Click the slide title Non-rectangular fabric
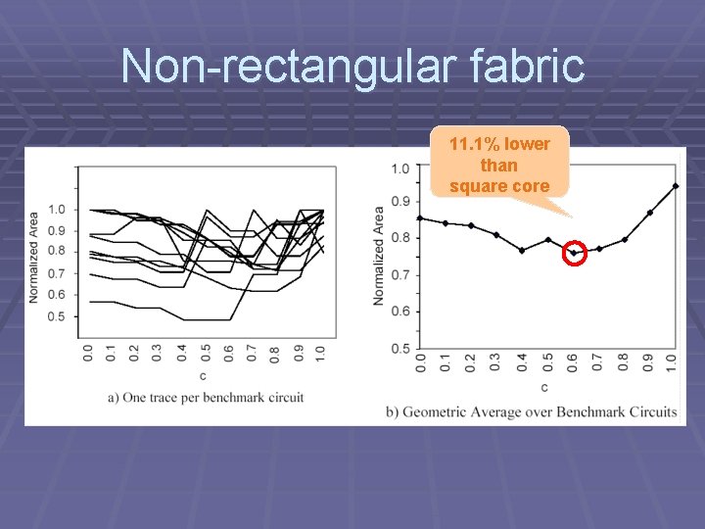(352, 67)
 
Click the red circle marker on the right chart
(574, 253)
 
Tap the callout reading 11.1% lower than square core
(499, 165)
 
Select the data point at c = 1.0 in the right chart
(676, 186)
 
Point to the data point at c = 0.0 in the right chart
(420, 218)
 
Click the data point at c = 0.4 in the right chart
(522, 250)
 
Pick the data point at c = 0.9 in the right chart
(650, 213)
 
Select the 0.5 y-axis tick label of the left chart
(56, 316)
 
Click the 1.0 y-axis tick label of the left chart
(56, 209)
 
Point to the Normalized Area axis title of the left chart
(33, 257)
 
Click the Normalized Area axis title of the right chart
(378, 255)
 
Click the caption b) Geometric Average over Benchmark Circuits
(532, 411)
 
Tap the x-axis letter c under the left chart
(204, 376)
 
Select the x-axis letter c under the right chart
(544, 388)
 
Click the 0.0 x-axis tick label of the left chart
(87, 353)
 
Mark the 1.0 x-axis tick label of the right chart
(672, 363)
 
